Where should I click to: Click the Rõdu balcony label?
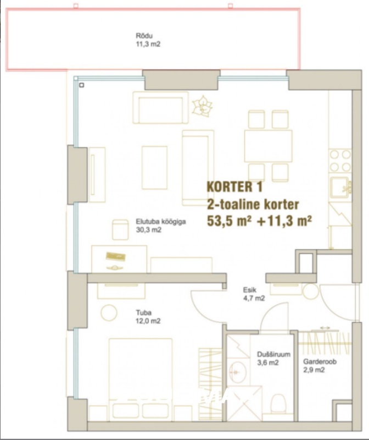click(x=144, y=36)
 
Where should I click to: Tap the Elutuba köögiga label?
click(x=161, y=222)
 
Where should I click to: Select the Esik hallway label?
click(x=250, y=290)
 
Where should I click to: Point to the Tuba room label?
click(x=144, y=312)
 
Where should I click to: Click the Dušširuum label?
click(x=273, y=354)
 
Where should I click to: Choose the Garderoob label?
click(x=320, y=362)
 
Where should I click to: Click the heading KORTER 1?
click(x=234, y=187)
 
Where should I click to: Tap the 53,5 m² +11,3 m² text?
click(x=259, y=221)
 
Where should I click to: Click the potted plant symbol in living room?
click(x=202, y=106)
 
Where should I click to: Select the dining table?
click(x=268, y=146)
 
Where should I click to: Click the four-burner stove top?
click(x=340, y=161)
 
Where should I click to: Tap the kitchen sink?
click(x=339, y=188)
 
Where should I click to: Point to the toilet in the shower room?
click(x=278, y=404)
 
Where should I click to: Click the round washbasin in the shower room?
click(x=237, y=372)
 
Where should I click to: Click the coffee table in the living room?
click(x=154, y=168)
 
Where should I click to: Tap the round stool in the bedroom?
click(x=109, y=312)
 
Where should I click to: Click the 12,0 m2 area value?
click(x=148, y=321)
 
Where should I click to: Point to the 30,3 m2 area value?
click(x=148, y=230)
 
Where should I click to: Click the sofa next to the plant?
click(x=160, y=107)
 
